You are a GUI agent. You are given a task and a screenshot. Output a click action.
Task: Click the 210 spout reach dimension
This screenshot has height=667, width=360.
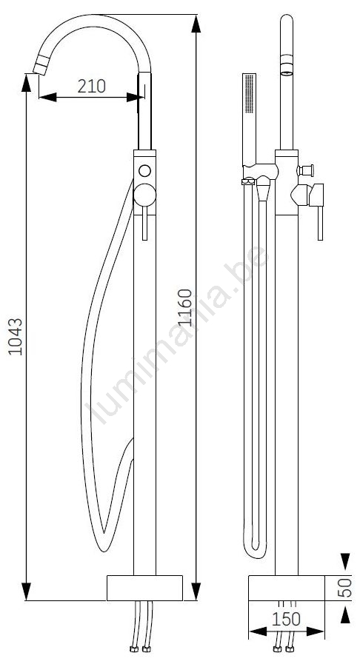[92, 86]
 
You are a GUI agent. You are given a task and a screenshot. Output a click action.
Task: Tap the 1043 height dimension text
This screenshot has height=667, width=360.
[16, 336]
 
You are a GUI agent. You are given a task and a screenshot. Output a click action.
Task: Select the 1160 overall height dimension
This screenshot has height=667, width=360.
[185, 307]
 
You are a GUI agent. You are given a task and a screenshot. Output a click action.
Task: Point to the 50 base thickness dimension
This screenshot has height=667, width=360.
[347, 586]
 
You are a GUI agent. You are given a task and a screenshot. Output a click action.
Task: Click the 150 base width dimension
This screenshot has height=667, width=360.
[286, 619]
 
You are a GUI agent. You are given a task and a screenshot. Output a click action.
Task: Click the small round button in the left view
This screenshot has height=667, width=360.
[144, 170]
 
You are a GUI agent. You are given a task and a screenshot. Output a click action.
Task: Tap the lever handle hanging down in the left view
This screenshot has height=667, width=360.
[144, 224]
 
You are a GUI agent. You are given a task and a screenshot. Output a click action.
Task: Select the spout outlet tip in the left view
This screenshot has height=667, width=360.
[40, 67]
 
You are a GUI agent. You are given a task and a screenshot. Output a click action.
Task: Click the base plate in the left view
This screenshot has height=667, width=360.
[144, 588]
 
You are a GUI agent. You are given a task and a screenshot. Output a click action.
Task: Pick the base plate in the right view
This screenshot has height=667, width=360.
[287, 588]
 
